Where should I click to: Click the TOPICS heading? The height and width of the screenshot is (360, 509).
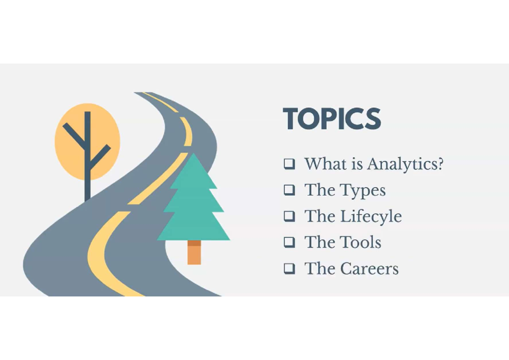pos(332,119)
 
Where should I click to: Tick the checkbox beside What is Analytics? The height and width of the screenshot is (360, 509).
pos(289,164)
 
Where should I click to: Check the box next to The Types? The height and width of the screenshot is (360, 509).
pos(289,190)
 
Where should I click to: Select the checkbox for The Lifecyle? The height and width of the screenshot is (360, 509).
pos(289,216)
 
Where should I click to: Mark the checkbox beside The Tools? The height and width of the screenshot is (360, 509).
pos(289,243)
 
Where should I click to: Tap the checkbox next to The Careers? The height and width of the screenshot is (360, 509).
pos(289,268)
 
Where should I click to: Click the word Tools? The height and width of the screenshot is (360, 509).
pos(362,243)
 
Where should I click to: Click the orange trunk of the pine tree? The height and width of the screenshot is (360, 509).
pos(194,253)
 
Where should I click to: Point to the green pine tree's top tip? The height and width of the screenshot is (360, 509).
pos(194,155)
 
